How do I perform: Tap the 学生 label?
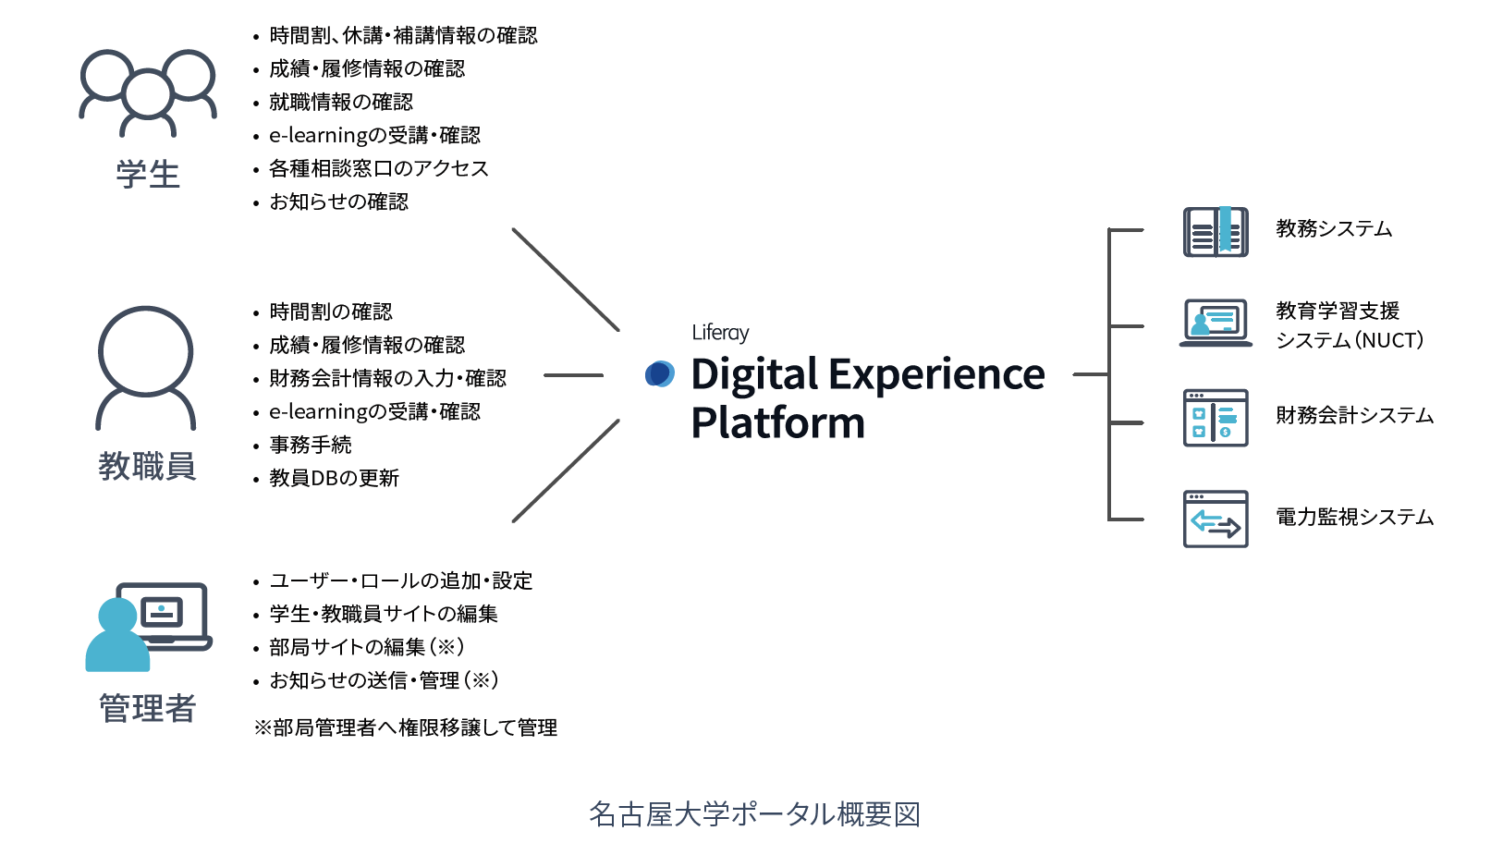point(148,174)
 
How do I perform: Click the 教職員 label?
point(147,466)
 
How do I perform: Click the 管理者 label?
point(148,708)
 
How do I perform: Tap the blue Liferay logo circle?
point(660,374)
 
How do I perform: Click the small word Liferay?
point(720,333)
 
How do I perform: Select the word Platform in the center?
point(777,422)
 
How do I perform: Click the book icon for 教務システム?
point(1216,231)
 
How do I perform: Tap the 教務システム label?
point(1334,228)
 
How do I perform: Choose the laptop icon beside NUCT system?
point(1216,323)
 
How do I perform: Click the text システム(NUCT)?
point(1350,340)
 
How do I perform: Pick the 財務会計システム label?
point(1354,415)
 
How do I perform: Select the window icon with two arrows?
point(1216,519)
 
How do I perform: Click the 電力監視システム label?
point(1354,517)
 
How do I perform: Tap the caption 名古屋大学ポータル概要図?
point(754,814)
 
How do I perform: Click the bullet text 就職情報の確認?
point(341,102)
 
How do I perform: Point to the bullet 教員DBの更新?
point(334,478)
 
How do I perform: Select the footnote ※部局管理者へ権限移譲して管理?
point(406,727)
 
